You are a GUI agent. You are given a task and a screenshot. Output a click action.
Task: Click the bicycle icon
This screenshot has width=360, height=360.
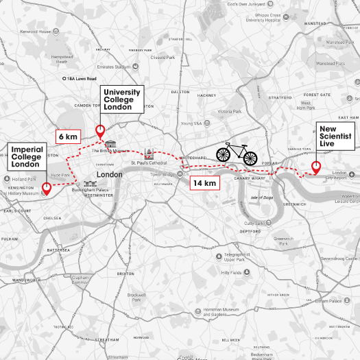[x=237, y=154]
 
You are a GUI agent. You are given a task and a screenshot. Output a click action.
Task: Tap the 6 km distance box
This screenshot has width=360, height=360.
[x=67, y=136]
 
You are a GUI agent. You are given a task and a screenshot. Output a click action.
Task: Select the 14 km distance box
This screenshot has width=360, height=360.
[x=204, y=182]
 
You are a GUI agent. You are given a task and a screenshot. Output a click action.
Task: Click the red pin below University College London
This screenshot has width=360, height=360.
[x=99, y=130]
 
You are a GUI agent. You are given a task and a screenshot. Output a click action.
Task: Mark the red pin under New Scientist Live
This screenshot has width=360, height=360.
[x=315, y=167]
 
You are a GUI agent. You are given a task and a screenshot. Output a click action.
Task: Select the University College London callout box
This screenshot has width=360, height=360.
[x=122, y=99]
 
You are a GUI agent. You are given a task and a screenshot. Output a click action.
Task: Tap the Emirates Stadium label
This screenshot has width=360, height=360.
[x=113, y=67]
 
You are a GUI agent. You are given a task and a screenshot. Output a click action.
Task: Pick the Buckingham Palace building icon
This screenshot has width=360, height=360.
[x=88, y=184]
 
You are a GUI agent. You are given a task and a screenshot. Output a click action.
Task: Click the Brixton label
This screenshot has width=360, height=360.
[x=125, y=273]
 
